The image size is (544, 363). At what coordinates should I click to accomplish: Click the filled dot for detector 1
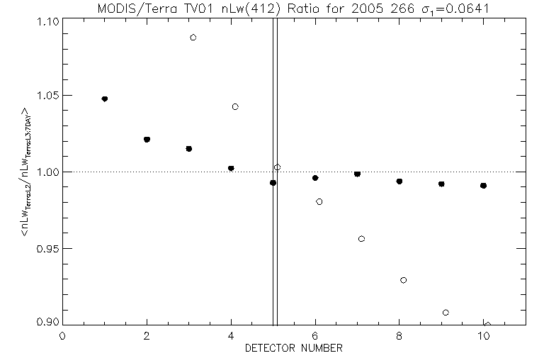[105, 99]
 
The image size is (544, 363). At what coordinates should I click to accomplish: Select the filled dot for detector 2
[147, 139]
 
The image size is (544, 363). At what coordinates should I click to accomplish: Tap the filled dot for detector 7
[357, 174]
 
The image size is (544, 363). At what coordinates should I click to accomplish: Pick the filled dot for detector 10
[483, 186]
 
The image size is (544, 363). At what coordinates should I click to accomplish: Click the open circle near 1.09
[193, 37]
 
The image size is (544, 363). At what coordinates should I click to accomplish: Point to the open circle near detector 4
[235, 106]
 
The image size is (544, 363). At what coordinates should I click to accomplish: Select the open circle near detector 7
[361, 239]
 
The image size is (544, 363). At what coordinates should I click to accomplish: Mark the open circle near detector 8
[403, 280]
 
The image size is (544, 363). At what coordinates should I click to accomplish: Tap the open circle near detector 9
[446, 313]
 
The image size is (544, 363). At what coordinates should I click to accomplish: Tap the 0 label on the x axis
[63, 336]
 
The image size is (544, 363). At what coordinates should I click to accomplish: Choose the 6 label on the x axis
[315, 336]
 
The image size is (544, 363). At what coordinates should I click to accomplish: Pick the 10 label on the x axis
[483, 336]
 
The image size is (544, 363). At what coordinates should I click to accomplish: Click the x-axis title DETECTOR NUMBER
[294, 348]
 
